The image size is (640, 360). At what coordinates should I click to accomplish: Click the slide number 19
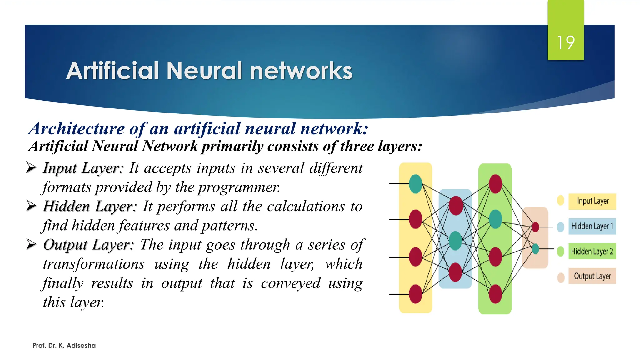point(566,43)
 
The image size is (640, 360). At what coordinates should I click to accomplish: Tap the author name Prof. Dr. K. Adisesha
point(64,346)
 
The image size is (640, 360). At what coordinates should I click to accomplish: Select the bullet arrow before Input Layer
point(31,167)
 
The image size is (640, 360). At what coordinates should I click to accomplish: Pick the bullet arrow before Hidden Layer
point(31,206)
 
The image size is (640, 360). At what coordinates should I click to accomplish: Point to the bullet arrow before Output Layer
point(31,244)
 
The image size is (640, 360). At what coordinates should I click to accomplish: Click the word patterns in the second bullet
point(229,226)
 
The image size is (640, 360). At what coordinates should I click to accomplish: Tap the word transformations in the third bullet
point(94,264)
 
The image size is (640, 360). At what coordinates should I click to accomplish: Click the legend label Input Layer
point(592,201)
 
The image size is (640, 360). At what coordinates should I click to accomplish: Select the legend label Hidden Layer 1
point(592,226)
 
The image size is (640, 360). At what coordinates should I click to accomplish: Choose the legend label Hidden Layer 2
point(592,251)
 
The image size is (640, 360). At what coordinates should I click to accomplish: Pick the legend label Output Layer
point(592,276)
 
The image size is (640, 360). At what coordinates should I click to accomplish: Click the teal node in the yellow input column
point(415,184)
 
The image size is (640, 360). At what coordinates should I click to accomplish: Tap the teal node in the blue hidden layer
point(455,241)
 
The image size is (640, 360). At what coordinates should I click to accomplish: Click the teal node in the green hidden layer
point(495,219)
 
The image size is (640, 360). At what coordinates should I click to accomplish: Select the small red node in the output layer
point(535,227)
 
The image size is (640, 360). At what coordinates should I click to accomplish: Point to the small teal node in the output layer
point(535,249)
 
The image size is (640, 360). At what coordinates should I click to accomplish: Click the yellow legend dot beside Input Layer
point(561,200)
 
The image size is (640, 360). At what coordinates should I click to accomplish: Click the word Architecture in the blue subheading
point(77,129)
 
